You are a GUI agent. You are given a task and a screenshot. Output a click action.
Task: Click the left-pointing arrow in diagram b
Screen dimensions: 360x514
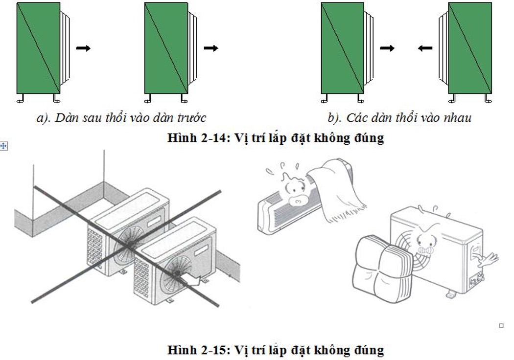coord(425,48)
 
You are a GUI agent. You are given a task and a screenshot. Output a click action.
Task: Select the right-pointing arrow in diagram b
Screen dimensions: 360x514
coord(387,48)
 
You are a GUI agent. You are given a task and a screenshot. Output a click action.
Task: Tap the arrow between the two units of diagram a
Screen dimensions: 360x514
coord(83,48)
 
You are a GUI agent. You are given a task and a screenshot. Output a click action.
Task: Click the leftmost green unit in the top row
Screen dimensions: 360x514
coord(38,48)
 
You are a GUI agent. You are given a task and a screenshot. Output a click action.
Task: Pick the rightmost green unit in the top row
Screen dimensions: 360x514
coord(470,48)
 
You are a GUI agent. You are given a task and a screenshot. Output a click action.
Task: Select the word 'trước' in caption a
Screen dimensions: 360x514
coord(191,118)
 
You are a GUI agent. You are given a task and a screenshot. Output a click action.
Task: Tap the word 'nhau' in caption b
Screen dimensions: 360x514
coord(456,118)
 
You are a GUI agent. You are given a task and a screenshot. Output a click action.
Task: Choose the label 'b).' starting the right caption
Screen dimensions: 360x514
coord(335,118)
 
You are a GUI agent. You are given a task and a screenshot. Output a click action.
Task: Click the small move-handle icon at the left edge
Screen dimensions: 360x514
coord(3,146)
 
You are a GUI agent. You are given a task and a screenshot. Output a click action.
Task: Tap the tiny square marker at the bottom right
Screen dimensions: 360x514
coord(501,325)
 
